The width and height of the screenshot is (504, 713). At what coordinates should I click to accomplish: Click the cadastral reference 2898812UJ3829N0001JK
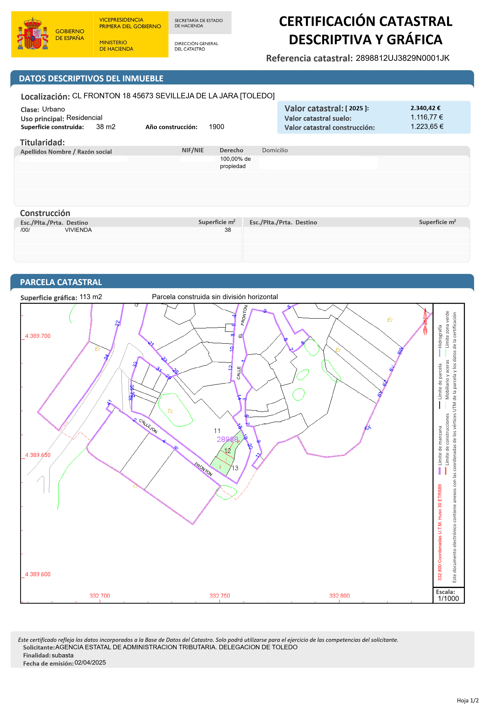[402, 58]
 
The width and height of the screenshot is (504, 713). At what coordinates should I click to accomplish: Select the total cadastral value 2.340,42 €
[425, 108]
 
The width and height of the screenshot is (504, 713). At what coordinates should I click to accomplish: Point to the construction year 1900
[216, 127]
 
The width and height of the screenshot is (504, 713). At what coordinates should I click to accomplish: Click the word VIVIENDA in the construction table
[78, 230]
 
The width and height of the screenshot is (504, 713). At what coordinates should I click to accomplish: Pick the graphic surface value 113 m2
[91, 297]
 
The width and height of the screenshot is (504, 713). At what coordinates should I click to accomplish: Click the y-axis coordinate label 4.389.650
[38, 455]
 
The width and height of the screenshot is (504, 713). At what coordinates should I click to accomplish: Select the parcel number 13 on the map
[235, 468]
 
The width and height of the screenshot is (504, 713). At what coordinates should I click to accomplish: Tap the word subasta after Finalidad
[63, 655]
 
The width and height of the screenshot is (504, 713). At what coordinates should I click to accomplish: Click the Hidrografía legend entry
[440, 336]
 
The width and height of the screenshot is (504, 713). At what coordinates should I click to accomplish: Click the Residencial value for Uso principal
[84, 118]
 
